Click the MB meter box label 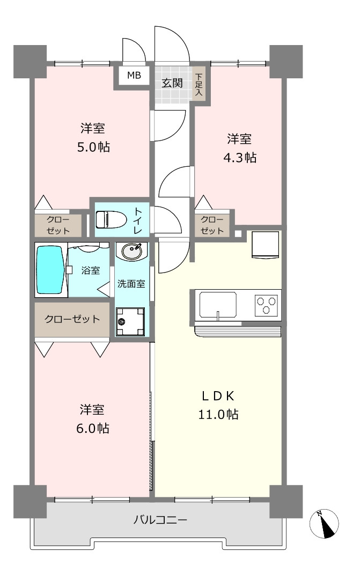pos(134,76)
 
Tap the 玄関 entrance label pos(172,83)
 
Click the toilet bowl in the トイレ pos(111,219)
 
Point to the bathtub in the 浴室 pos(50,270)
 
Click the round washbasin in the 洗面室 pos(131,252)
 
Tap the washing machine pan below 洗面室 pos(130,321)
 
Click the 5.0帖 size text pos(93,147)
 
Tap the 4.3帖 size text pos(240,158)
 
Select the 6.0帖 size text pos(93,428)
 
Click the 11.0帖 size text pos(218,414)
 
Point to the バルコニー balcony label pos(160,519)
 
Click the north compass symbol pos(324,524)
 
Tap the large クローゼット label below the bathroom pos(72,319)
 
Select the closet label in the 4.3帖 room pos(212,225)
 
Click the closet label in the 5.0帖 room pos(58,225)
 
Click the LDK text pos(218,396)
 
